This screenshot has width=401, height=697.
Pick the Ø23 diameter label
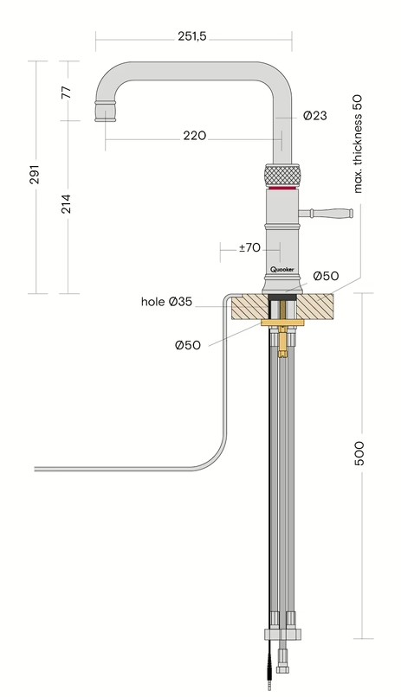pos(314,115)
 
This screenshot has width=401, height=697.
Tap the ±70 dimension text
pos(249,247)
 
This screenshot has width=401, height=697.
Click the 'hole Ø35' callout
pos(166,302)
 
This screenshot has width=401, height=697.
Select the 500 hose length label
pos(360,453)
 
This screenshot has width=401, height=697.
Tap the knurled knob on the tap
pos(282,172)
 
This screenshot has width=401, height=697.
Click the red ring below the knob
pos(282,187)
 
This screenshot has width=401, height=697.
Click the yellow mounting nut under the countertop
pos(282,324)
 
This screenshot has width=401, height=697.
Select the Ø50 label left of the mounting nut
pos(187,345)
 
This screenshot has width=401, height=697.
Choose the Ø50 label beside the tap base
pos(326,276)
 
